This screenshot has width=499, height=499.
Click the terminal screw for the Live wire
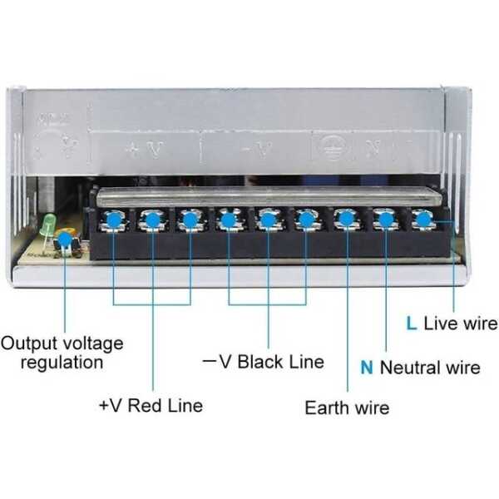(x=423, y=220)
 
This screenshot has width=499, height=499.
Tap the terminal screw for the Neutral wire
(x=384, y=220)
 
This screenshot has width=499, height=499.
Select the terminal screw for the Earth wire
(x=345, y=220)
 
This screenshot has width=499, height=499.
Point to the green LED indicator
(x=49, y=223)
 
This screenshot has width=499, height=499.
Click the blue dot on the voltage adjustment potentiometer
(x=64, y=240)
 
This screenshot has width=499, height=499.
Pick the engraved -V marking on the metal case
(x=254, y=151)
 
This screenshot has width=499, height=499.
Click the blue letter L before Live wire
(x=411, y=324)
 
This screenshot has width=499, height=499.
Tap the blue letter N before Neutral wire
(x=367, y=367)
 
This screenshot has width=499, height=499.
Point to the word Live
(x=440, y=324)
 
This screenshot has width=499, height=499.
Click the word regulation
(x=62, y=362)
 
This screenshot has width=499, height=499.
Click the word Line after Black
(x=306, y=362)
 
